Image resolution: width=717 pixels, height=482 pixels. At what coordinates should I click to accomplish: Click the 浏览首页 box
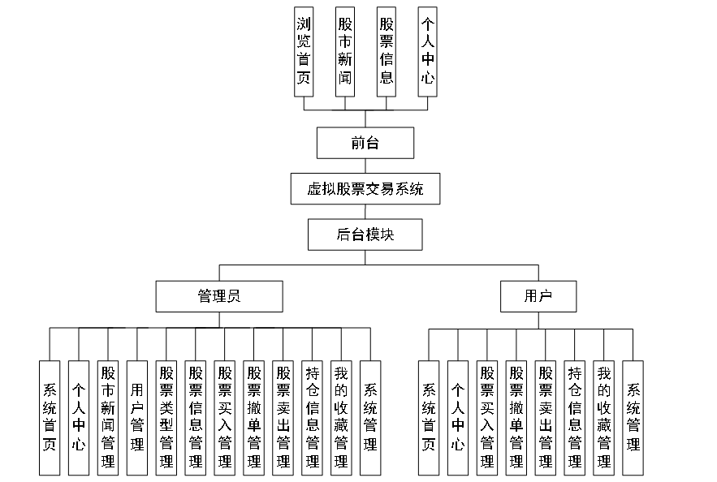304,51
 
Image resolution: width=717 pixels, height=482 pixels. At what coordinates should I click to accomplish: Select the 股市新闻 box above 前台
345,51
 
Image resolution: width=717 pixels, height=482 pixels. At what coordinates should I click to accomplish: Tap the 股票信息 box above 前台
387,51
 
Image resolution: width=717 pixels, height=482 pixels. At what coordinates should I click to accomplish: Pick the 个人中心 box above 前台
427,51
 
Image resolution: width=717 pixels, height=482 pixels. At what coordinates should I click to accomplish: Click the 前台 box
365,143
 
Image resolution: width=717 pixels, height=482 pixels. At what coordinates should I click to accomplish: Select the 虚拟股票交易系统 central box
365,189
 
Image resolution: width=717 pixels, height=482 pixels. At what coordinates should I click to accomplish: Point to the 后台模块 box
365,235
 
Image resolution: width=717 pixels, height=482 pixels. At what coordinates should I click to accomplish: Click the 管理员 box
219,296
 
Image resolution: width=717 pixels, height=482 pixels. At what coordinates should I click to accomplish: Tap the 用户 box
538,296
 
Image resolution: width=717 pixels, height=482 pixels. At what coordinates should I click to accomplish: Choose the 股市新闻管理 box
108,418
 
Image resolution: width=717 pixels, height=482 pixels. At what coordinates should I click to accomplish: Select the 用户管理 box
137,418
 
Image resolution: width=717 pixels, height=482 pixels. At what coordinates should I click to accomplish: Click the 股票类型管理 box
166,418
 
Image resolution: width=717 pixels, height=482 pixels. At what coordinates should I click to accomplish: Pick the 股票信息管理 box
196,418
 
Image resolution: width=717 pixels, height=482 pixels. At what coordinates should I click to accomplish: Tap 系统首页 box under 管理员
50,418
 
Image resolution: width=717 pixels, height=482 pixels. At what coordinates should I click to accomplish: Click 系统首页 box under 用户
428,418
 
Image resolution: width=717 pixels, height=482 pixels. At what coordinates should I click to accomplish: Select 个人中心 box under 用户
457,418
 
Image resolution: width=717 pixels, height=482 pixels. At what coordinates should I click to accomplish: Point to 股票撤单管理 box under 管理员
254,418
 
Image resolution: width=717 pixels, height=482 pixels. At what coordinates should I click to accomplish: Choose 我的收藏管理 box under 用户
603,418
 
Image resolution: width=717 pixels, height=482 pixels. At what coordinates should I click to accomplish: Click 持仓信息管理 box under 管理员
313,418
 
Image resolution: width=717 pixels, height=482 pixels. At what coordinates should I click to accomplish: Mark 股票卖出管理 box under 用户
545,418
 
